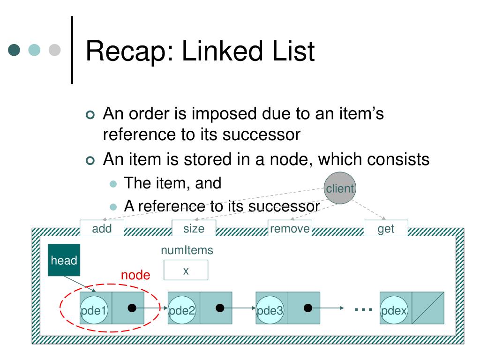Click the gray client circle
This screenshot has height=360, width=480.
(340, 188)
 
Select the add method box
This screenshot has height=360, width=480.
(102, 228)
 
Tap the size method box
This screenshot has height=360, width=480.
(194, 228)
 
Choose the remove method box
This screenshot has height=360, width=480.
(290, 228)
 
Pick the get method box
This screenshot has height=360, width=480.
(386, 228)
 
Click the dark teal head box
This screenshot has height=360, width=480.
(64, 260)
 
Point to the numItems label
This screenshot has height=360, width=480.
(187, 250)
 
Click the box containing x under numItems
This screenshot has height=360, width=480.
(186, 270)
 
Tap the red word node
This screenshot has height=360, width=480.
(135, 275)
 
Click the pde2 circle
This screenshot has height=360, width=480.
(182, 310)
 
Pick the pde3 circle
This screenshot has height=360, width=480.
(270, 310)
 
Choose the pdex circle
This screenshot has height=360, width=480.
(394, 310)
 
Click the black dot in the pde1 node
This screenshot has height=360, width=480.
(132, 308)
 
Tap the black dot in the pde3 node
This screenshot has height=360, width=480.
(307, 308)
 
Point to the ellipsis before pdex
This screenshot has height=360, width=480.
(363, 309)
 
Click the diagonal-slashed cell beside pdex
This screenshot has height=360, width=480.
(428, 308)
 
